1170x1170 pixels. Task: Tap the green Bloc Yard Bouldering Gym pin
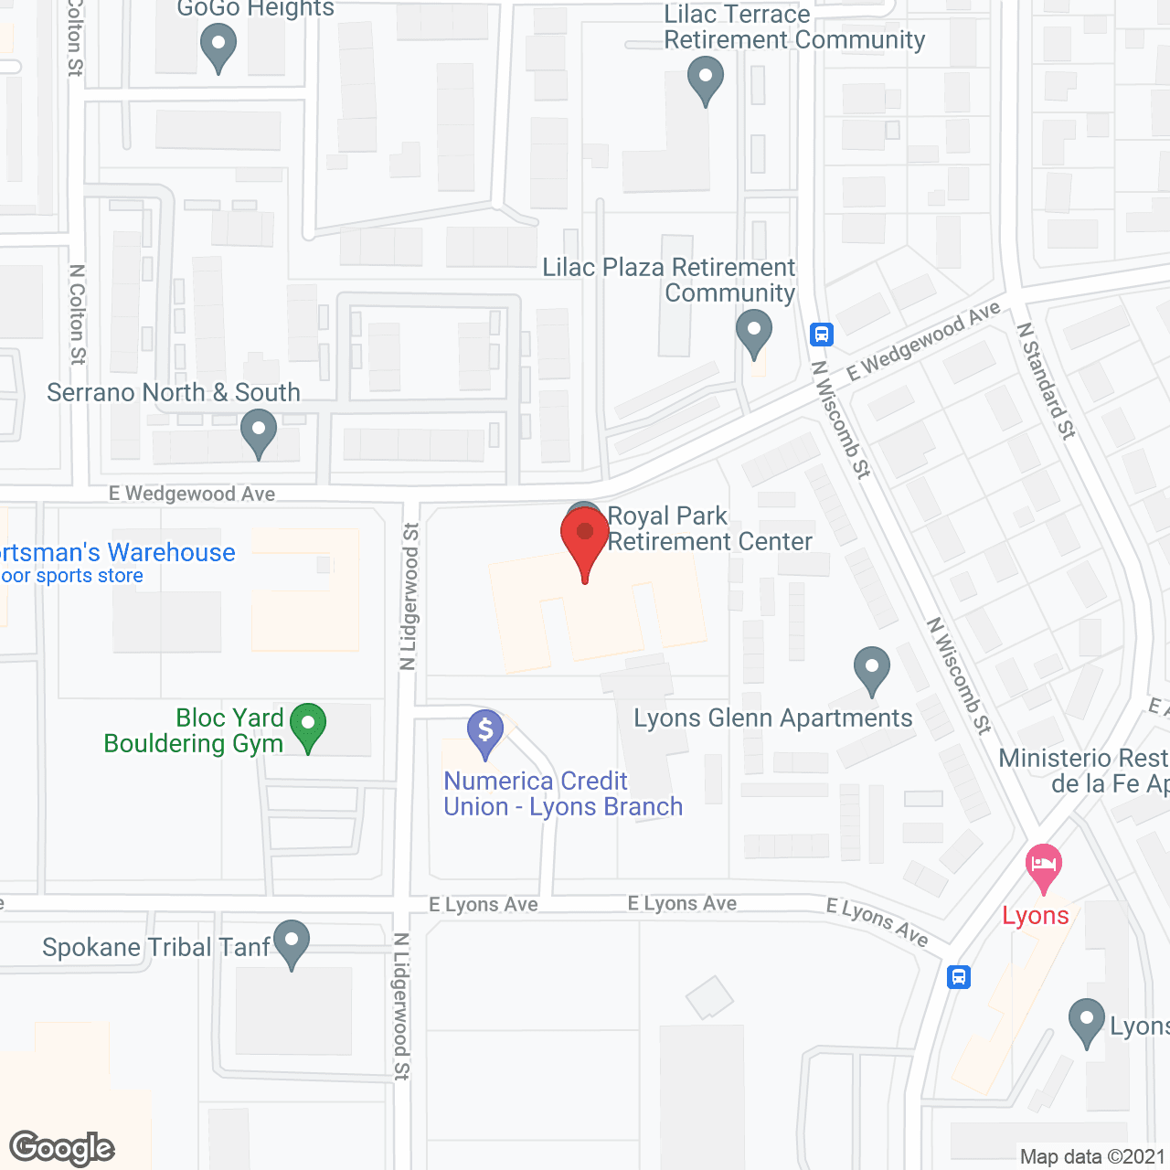pyautogui.click(x=308, y=727)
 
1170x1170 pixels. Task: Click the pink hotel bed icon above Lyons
pyautogui.click(x=1043, y=866)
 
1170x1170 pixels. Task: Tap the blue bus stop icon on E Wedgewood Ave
pyautogui.click(x=822, y=335)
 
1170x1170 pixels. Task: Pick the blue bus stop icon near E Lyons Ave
pyautogui.click(x=958, y=977)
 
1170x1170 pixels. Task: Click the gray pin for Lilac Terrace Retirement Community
pyautogui.click(x=705, y=79)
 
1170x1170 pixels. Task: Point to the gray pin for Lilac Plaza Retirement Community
pyautogui.click(x=753, y=333)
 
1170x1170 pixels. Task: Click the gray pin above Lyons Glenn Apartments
pyautogui.click(x=872, y=669)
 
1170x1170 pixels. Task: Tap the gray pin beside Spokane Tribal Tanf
pyautogui.click(x=292, y=942)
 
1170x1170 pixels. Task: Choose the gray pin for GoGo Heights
pyautogui.click(x=218, y=46)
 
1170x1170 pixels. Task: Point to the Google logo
pyautogui.click(x=62, y=1148)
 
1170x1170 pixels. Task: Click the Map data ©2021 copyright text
pyautogui.click(x=1092, y=1156)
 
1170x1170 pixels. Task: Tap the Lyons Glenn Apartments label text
pyautogui.click(x=773, y=718)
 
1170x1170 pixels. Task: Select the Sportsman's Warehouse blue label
pyautogui.click(x=117, y=553)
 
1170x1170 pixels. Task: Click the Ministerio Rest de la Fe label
pyautogui.click(x=1084, y=771)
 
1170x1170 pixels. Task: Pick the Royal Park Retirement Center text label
pyautogui.click(x=709, y=529)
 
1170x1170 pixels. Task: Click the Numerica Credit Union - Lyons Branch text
pyautogui.click(x=563, y=793)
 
